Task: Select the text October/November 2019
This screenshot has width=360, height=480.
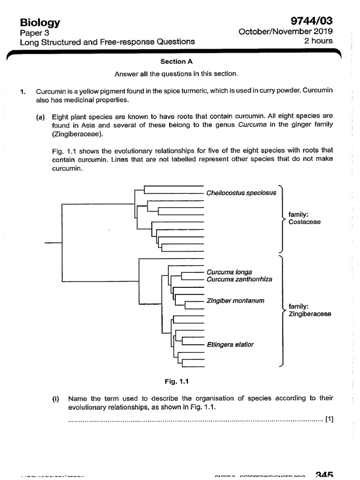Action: tap(285, 32)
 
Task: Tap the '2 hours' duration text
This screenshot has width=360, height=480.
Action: tap(319, 41)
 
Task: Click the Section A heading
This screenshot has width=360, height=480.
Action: tap(176, 61)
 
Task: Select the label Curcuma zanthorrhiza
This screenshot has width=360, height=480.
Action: tap(239, 279)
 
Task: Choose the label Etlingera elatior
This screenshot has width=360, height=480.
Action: tap(230, 345)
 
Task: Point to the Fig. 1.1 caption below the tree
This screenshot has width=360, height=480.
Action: tap(177, 381)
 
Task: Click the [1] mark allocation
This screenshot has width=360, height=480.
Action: tap(329, 419)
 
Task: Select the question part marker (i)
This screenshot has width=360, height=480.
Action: tap(56, 398)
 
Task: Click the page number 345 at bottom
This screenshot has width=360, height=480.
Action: tap(324, 475)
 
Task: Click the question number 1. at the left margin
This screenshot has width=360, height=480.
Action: tap(22, 91)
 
